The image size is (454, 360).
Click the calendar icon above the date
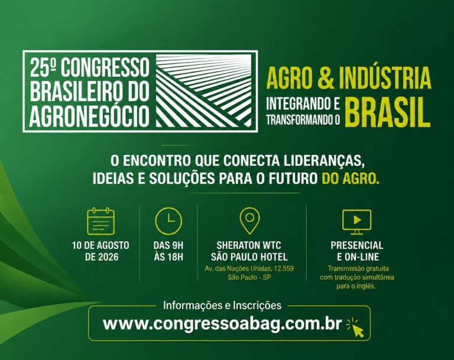(100, 220)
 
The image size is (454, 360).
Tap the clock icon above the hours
(168, 221)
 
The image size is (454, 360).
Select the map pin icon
(249, 220)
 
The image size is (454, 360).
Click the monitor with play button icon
(356, 222)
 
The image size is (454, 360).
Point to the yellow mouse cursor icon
(355, 327)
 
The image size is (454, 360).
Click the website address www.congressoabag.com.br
(222, 323)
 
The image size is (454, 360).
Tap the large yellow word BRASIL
(388, 113)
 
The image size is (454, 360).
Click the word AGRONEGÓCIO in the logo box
(89, 117)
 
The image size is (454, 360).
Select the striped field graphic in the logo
(204, 90)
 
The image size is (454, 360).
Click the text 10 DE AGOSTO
(100, 245)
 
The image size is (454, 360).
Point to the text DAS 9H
(168, 245)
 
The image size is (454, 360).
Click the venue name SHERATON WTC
(249, 245)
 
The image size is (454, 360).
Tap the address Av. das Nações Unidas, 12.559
(249, 268)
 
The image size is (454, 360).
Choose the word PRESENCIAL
(356, 245)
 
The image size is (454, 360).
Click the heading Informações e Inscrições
(222, 305)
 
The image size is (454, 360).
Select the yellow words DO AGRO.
(351, 179)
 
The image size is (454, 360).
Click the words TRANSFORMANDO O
(303, 120)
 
